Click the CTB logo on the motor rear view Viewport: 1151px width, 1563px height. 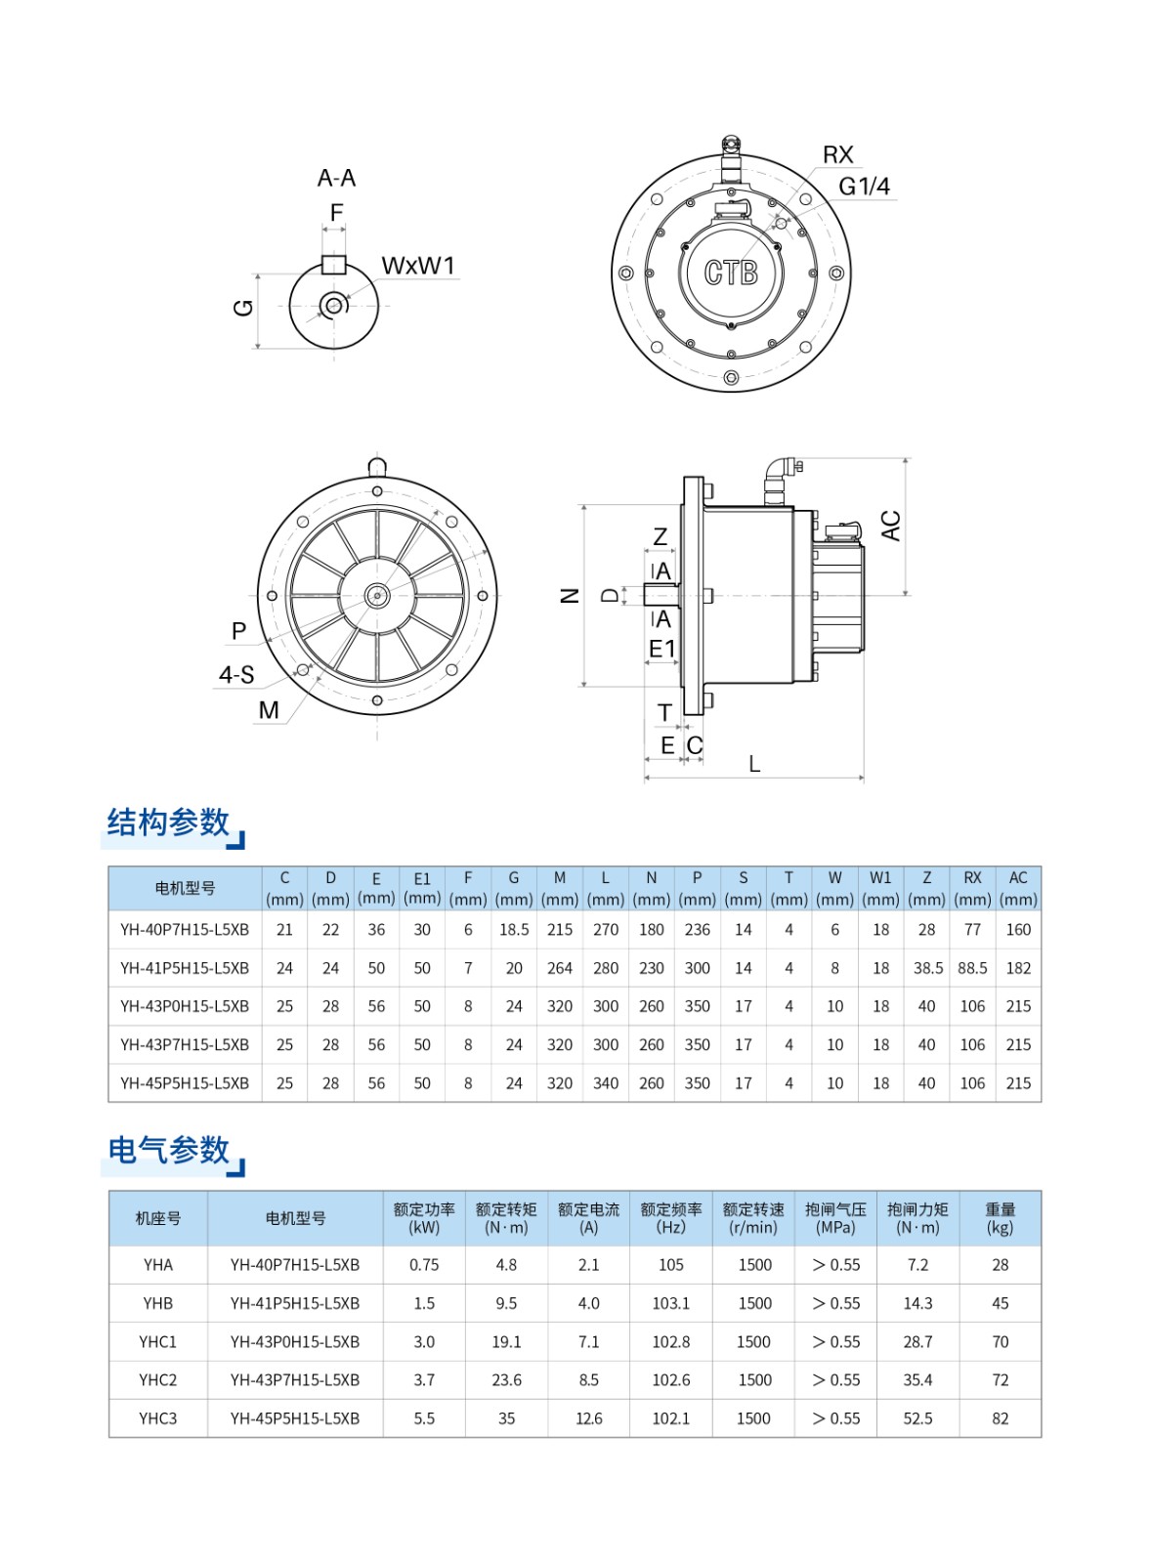(x=731, y=273)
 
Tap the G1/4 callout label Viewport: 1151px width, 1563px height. (x=864, y=186)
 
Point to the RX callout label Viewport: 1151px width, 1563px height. (x=837, y=154)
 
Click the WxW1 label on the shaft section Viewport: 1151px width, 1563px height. (x=417, y=266)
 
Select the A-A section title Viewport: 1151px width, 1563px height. (x=336, y=178)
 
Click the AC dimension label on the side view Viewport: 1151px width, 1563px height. (x=890, y=526)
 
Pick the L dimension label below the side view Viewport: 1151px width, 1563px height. (x=754, y=764)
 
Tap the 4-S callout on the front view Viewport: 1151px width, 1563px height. (x=236, y=675)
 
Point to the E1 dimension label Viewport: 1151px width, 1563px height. (x=661, y=648)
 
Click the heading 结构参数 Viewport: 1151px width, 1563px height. (x=168, y=823)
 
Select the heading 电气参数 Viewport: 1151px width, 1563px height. (x=168, y=1150)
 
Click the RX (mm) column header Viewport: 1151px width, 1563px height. (x=972, y=888)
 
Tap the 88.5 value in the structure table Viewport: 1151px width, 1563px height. (x=972, y=968)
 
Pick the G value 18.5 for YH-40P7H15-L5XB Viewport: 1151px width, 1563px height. (x=514, y=930)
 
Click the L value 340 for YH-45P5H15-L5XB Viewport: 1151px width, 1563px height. (x=606, y=1083)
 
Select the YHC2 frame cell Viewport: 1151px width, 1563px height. (x=157, y=1380)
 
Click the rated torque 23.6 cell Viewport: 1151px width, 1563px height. (x=506, y=1380)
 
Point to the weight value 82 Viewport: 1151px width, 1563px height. (x=1000, y=1418)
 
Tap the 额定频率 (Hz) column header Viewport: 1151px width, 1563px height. (x=671, y=1218)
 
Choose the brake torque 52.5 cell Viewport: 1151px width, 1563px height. (x=917, y=1418)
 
